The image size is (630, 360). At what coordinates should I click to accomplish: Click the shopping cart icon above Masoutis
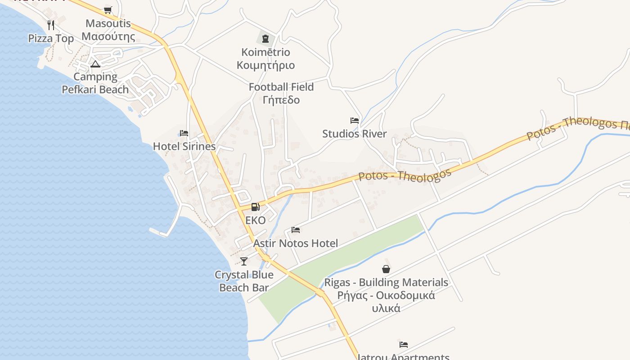pos(108,10)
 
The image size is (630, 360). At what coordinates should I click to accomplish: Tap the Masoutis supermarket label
pos(108,30)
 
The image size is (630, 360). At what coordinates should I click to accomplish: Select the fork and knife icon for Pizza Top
pos(51,25)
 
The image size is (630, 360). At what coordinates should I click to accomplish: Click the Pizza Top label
pos(51,39)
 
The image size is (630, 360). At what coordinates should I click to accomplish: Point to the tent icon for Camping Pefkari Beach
pos(95,64)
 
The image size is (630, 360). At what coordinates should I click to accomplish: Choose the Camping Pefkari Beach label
pos(95,83)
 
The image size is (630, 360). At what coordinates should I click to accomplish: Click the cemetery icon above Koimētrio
pos(265,39)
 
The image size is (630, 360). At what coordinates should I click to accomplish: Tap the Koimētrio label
pos(266,58)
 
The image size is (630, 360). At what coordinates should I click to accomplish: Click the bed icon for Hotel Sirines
pos(184,133)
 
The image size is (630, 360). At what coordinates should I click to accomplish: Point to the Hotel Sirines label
pos(184,146)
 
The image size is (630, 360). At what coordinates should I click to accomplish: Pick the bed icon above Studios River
pos(355,121)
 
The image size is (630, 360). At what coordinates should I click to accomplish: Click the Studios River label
pos(355,134)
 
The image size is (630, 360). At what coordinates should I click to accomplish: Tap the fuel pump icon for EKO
pos(255,207)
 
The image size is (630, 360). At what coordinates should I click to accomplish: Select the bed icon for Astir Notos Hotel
pos(296,230)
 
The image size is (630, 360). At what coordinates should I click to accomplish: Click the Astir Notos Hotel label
pos(296,243)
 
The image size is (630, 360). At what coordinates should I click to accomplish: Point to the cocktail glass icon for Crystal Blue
pos(244,261)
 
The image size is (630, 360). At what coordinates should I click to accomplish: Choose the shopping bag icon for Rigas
pos(386,269)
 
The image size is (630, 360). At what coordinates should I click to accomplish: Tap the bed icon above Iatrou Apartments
pos(404,345)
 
